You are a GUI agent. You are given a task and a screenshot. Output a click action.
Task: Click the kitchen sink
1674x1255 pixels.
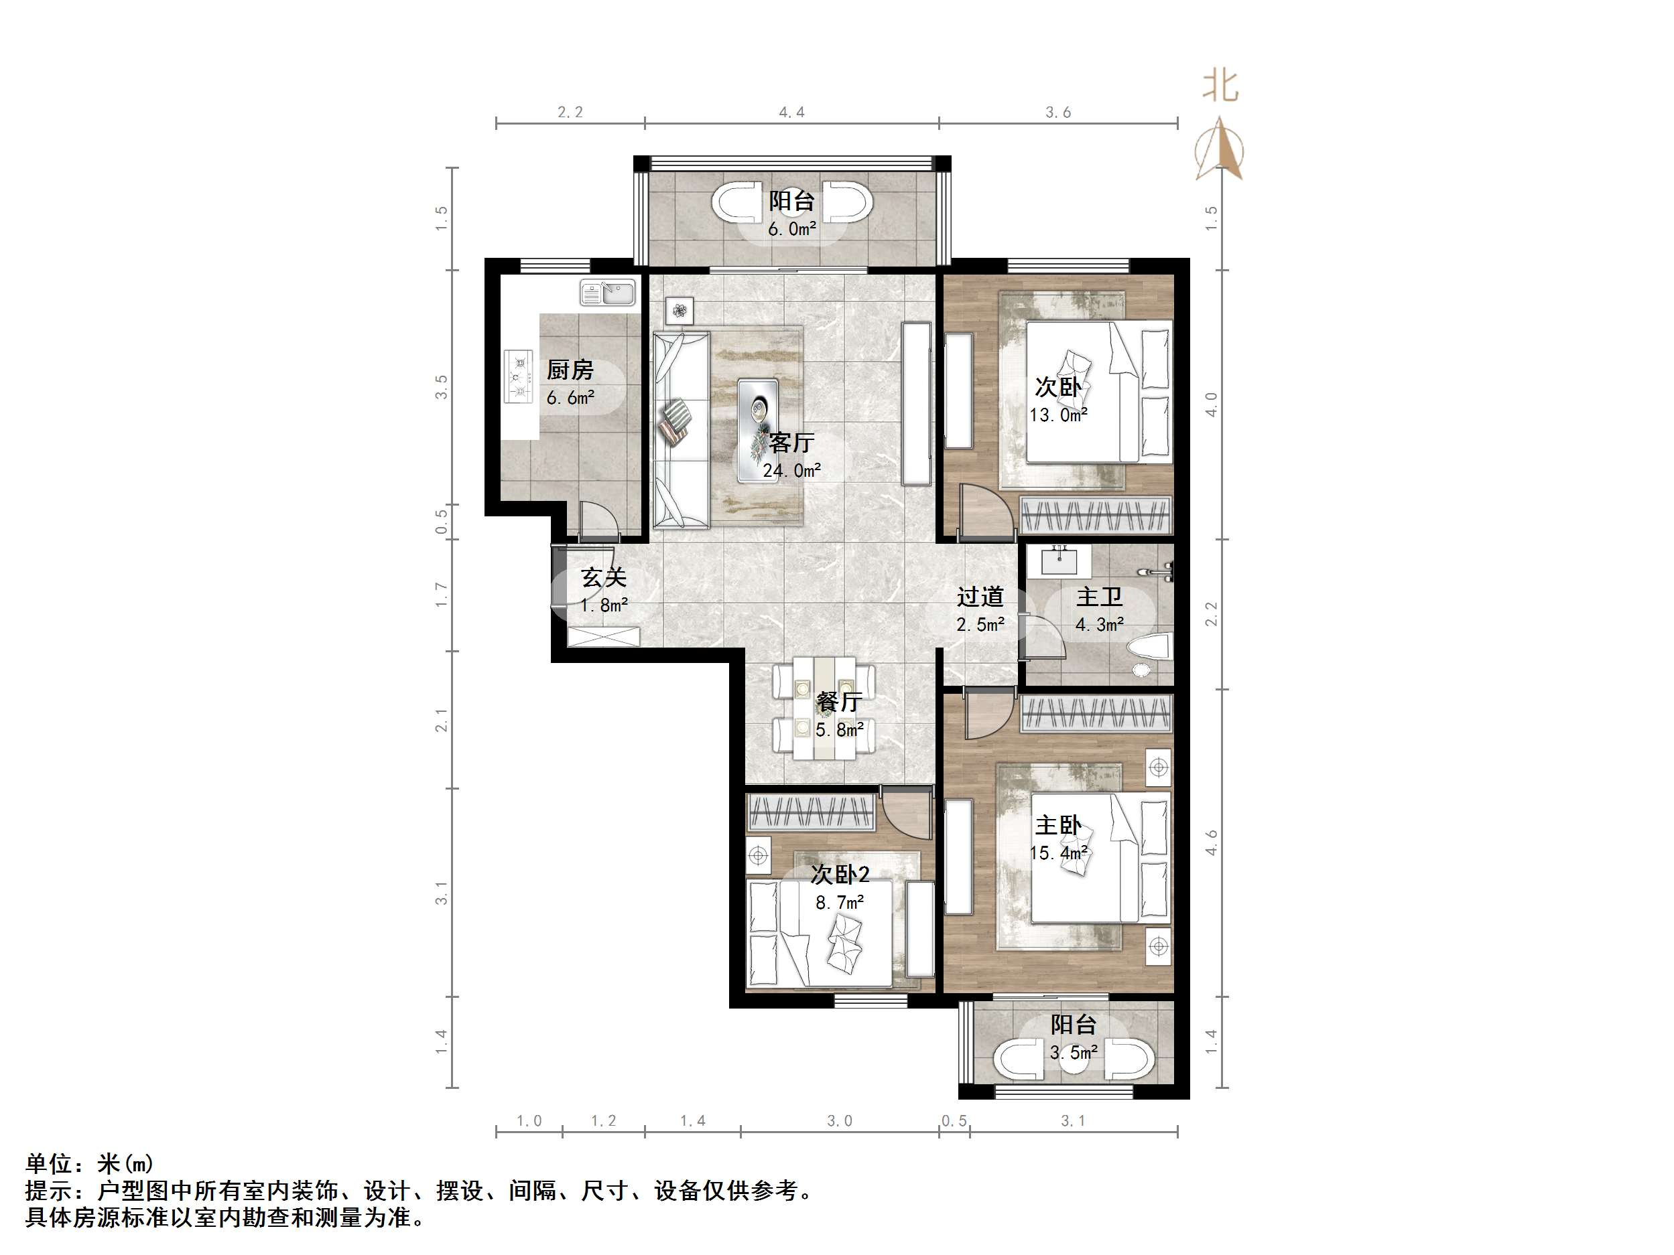(x=608, y=293)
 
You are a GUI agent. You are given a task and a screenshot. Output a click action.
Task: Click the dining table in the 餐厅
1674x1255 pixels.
(x=824, y=708)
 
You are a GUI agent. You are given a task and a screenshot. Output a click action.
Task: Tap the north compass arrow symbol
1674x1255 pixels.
(x=1219, y=149)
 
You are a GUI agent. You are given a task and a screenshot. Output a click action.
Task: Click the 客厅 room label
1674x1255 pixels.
(x=791, y=443)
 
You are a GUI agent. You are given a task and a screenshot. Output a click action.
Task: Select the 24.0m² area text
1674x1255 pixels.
(x=791, y=471)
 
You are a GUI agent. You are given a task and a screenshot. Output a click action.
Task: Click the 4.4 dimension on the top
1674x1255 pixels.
(x=791, y=113)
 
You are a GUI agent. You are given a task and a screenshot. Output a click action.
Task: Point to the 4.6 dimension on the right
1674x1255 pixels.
(x=1212, y=842)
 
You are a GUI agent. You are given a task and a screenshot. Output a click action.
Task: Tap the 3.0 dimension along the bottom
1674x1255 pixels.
(x=839, y=1120)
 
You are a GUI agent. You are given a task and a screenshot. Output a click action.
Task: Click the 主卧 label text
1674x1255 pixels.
(x=1058, y=824)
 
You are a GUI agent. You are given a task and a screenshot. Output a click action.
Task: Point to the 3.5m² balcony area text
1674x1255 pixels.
(x=1073, y=1052)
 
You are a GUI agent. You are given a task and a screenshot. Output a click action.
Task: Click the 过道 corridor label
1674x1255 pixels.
(x=980, y=597)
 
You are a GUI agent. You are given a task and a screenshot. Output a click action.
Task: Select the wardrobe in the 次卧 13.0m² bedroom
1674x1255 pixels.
(x=1095, y=515)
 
